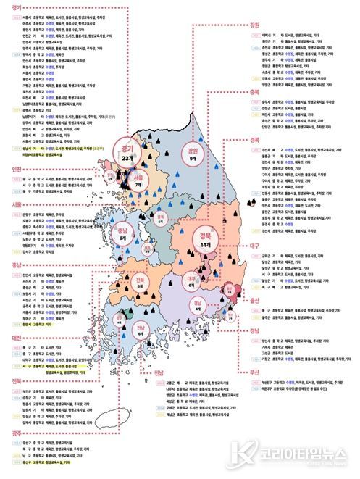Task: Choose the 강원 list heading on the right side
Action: tap(254, 25)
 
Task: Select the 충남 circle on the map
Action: tap(123, 233)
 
